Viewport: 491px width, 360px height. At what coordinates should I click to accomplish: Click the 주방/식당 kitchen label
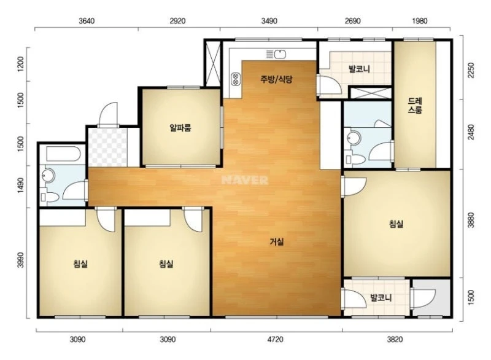pyautogui.click(x=276, y=79)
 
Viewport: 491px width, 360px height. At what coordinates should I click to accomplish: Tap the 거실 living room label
pyautogui.click(x=277, y=241)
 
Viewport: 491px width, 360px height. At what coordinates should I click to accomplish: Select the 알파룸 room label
pyautogui.click(x=180, y=128)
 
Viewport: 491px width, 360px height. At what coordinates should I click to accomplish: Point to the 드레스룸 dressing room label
pyautogui.click(x=415, y=106)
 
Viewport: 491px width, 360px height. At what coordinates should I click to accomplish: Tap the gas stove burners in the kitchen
pyautogui.click(x=235, y=79)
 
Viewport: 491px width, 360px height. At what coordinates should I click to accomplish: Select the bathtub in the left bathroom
pyautogui.click(x=64, y=154)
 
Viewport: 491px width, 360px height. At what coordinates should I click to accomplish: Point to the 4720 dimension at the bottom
pyautogui.click(x=276, y=340)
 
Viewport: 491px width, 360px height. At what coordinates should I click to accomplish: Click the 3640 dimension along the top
pyautogui.click(x=87, y=21)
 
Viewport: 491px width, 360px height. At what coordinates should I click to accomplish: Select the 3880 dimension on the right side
pyautogui.click(x=471, y=220)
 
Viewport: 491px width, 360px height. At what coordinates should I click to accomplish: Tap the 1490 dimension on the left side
pyautogui.click(x=21, y=185)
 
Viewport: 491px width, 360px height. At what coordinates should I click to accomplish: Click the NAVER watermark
pyautogui.click(x=245, y=180)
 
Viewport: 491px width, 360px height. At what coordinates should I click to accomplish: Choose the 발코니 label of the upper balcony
pyautogui.click(x=359, y=69)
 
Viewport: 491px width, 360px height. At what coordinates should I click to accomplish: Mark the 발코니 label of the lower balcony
pyautogui.click(x=381, y=297)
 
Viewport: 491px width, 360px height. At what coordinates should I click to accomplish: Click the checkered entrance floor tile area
pyautogui.click(x=108, y=147)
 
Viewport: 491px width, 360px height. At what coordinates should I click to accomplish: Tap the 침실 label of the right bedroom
pyautogui.click(x=396, y=224)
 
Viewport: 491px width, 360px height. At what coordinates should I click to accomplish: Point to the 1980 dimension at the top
pyautogui.click(x=420, y=21)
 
